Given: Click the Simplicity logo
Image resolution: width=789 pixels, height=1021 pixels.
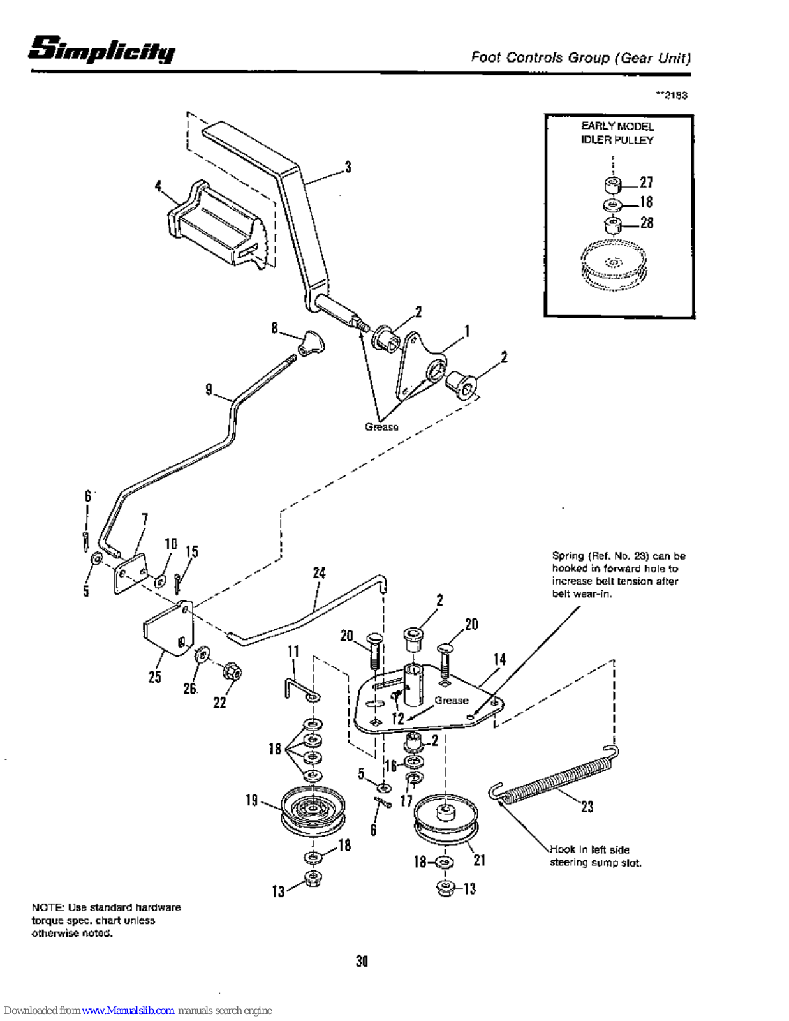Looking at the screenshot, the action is click(102, 49).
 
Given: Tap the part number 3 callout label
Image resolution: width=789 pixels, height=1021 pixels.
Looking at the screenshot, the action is click(348, 167).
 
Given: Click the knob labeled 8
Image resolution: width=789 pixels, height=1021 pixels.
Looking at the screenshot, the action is click(311, 343).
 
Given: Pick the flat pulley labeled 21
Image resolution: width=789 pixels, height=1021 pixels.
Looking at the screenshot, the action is click(446, 821).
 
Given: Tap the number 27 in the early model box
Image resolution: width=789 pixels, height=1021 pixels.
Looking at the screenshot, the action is click(646, 182).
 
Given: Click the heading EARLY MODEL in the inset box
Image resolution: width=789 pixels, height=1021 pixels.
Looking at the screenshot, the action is click(617, 126).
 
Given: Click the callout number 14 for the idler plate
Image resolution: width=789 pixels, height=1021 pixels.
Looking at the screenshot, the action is click(499, 659).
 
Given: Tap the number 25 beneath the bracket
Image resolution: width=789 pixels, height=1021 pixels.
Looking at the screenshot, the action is click(154, 676).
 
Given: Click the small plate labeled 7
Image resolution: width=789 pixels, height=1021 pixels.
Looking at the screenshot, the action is click(130, 573).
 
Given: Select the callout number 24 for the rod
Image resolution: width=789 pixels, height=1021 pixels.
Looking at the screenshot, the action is click(320, 573).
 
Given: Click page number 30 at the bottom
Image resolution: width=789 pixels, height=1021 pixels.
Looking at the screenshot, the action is click(362, 961).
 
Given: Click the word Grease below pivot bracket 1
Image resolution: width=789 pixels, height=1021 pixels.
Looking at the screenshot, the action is click(381, 427).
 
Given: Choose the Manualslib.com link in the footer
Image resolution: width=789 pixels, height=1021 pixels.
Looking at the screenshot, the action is click(128, 1010).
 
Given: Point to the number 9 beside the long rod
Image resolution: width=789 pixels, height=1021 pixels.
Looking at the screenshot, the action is click(209, 389).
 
